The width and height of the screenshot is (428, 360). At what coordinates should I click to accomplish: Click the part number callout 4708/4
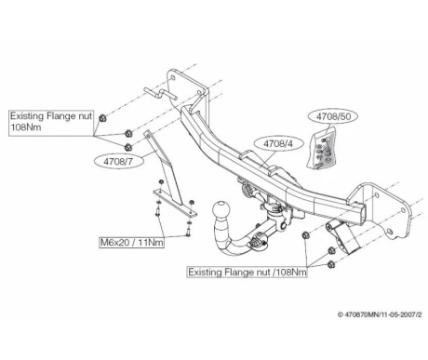coord(278,143)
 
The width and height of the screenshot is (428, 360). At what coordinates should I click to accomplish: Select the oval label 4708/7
coord(119,161)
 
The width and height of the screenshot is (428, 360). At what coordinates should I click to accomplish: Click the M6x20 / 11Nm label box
coord(131,242)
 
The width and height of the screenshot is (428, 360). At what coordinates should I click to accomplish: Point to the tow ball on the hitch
coord(221,211)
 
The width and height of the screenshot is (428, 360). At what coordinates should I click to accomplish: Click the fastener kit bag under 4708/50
coord(323,148)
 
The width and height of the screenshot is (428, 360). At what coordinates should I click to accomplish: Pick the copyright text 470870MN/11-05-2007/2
coord(380,314)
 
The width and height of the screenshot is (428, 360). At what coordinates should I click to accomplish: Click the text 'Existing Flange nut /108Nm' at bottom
coord(247,272)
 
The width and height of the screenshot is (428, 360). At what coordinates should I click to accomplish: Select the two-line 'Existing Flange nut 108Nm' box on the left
coord(51,123)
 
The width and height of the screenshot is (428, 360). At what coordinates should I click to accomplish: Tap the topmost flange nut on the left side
coord(102,118)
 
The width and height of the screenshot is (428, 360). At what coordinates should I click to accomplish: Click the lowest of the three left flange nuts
coord(127,147)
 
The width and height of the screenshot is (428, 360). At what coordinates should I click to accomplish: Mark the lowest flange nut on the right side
coord(330,264)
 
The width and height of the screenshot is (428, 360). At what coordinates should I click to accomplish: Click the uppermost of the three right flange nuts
coord(305,235)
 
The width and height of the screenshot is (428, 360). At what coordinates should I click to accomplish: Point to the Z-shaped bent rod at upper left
coord(161,93)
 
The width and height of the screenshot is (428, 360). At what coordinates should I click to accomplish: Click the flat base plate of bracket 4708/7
coord(175,203)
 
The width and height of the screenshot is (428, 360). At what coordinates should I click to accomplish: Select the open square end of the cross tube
coord(360,214)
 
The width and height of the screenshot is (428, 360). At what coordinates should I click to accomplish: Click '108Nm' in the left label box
coord(26,127)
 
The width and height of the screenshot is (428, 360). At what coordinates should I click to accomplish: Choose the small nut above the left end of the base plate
coord(161,181)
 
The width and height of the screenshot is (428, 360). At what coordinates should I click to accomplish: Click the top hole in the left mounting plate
coord(173,77)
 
